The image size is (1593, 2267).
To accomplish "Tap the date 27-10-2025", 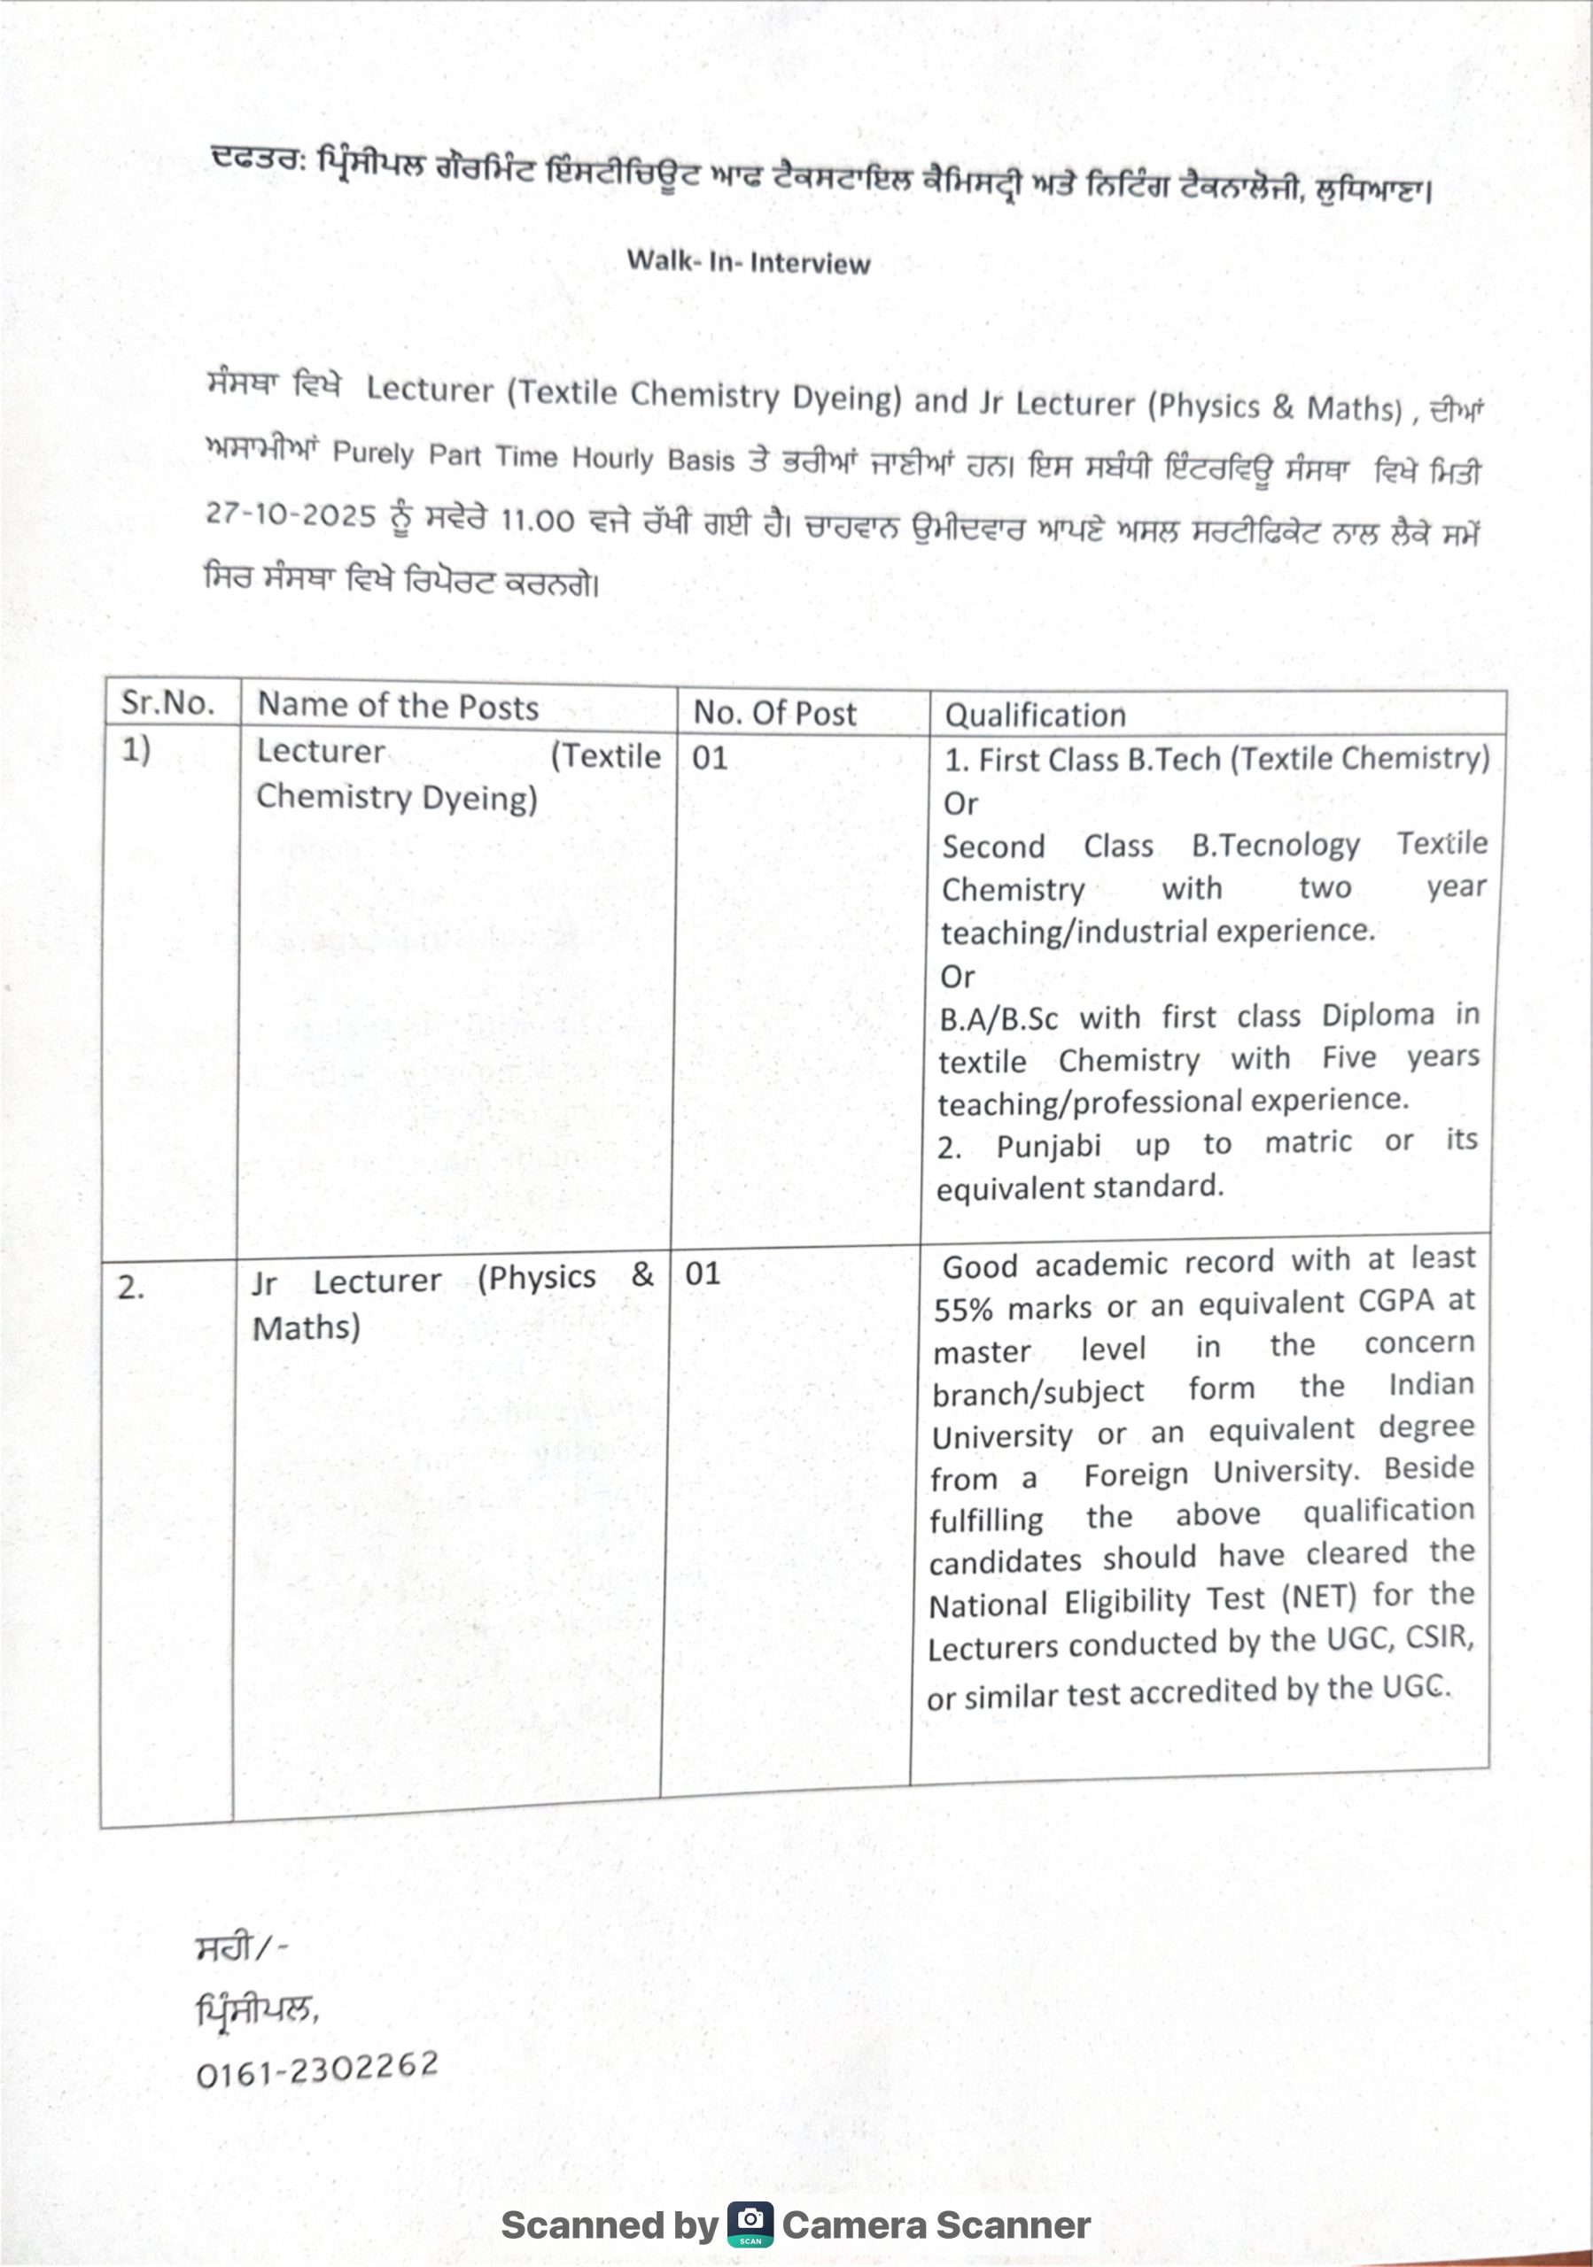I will click(x=291, y=515).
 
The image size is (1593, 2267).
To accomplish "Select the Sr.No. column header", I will click(x=167, y=702).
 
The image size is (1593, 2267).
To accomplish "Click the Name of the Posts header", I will click(x=397, y=706).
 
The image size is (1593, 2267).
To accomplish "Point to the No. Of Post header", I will click(x=774, y=713).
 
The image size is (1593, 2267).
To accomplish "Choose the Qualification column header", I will click(x=1035, y=715).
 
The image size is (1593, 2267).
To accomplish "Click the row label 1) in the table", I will click(x=136, y=749).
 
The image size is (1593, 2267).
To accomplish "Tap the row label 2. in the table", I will click(x=130, y=1288).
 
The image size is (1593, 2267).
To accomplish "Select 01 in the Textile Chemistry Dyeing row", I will click(x=709, y=757).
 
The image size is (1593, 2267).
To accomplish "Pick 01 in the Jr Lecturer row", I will click(x=703, y=1273).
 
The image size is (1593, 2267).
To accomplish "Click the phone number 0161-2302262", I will click(x=317, y=2069).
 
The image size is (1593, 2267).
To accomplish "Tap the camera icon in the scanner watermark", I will click(x=750, y=2224).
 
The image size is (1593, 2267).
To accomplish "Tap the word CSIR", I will click(x=1439, y=1638).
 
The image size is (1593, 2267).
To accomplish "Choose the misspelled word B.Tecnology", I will click(x=1275, y=845).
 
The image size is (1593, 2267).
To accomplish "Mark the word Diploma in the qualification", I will click(x=1378, y=1015).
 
